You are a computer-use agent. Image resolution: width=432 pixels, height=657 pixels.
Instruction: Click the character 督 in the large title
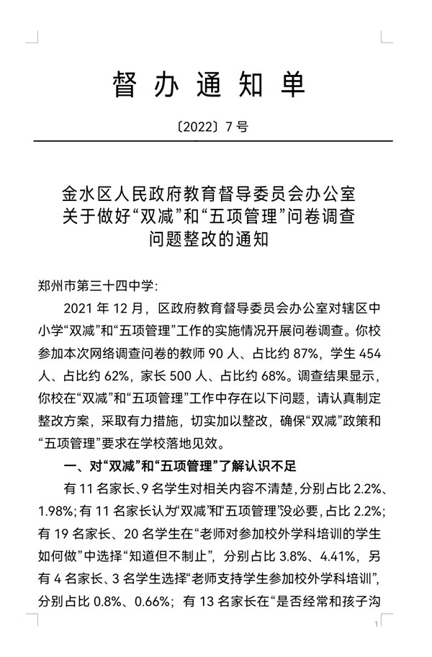pos(126,85)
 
